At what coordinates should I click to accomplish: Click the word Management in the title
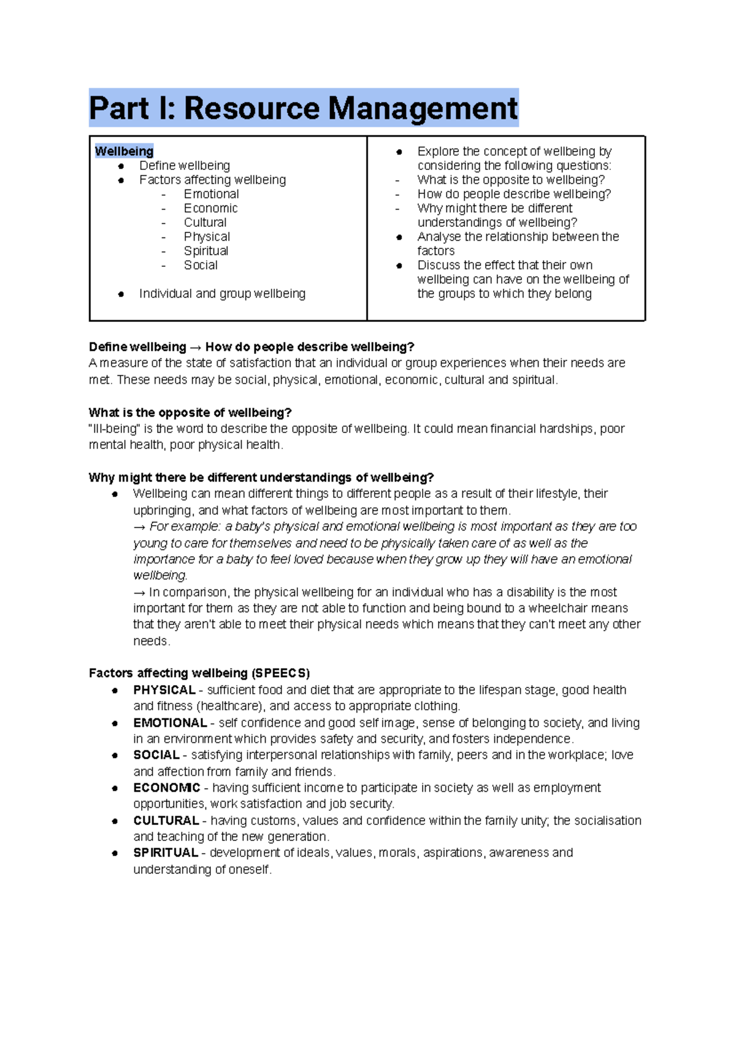423,109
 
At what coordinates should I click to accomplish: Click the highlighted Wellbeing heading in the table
124,151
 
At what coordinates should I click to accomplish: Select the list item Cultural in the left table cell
205,223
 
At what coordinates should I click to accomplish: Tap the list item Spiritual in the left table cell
206,251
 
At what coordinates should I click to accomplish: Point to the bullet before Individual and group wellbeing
121,294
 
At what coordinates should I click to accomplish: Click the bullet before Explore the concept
399,151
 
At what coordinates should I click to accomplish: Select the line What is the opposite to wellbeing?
510,180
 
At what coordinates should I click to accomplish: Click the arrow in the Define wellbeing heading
196,347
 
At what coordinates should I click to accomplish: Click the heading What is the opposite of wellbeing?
190,412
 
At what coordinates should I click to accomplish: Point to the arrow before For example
139,527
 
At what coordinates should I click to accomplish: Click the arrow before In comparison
139,592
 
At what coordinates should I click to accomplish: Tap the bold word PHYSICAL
164,690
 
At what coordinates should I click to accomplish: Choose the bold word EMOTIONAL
170,723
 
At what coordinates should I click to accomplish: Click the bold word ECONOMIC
166,788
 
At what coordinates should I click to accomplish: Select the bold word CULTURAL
166,821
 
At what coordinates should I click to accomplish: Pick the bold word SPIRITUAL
165,853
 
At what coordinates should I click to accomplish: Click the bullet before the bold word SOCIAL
115,756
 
